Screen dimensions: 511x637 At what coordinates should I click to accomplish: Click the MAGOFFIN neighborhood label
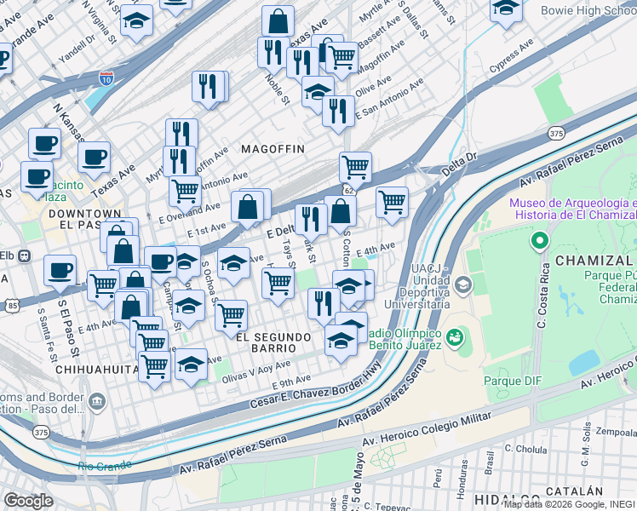(273, 149)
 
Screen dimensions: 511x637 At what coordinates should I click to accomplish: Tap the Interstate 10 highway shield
(106, 78)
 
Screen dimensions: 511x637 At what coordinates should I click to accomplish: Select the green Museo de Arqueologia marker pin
(538, 242)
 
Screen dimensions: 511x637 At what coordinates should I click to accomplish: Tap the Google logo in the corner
(28, 500)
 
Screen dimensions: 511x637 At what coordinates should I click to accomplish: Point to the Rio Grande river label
(104, 466)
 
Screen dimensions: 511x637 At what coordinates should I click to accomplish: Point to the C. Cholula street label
(525, 448)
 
